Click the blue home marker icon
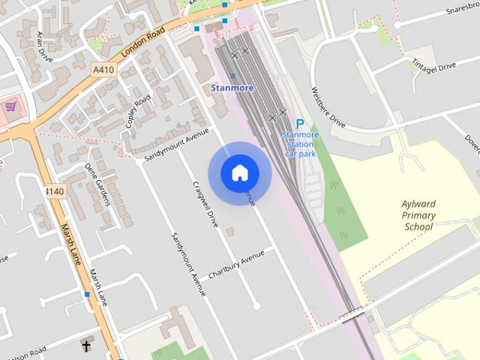click(240, 173)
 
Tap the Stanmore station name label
click(232, 88)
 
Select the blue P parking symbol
click(300, 124)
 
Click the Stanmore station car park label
click(300, 144)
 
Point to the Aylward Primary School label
click(418, 215)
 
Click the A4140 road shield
click(54, 192)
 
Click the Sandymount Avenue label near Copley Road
click(175, 142)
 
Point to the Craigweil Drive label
click(205, 204)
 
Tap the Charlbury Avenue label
click(237, 265)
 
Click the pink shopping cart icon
click(10, 106)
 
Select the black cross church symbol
click(86, 346)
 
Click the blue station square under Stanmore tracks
click(233, 76)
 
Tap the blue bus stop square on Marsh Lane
click(87, 295)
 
